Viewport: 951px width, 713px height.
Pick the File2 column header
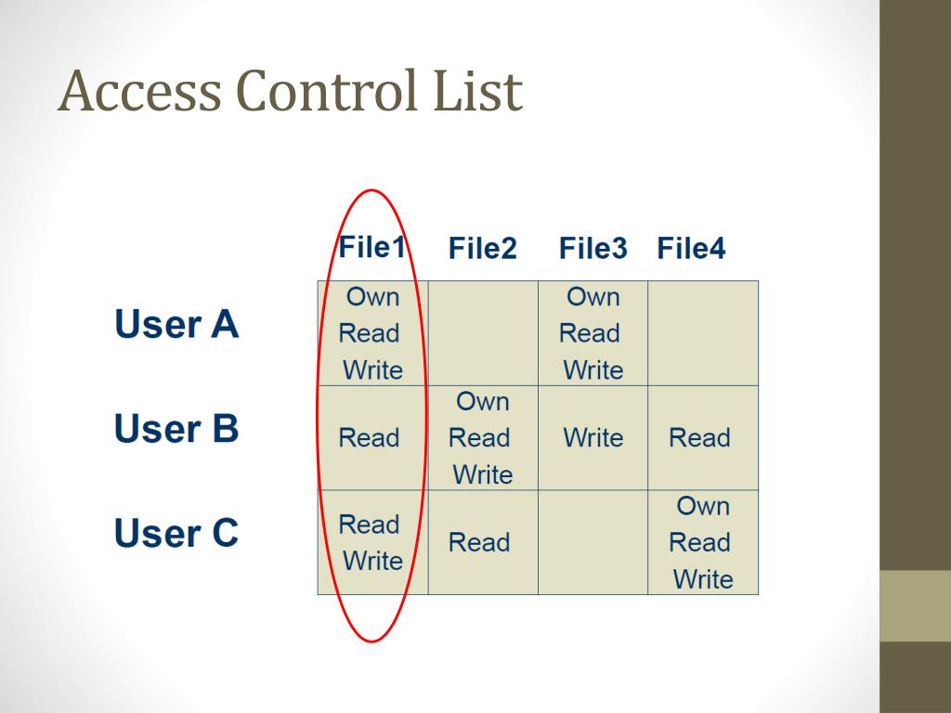tap(482, 249)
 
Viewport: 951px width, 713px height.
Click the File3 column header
tap(593, 249)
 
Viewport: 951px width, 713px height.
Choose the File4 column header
tap(691, 249)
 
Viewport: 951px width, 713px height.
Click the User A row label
tap(176, 324)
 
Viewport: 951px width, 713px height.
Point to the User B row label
tap(176, 429)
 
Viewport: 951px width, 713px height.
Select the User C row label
tap(176, 534)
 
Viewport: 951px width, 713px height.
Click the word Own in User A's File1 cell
tap(372, 297)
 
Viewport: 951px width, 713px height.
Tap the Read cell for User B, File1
tap(369, 438)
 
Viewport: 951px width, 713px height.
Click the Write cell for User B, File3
tap(593, 438)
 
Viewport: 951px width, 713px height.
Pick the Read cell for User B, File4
tap(699, 438)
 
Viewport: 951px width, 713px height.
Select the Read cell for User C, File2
tap(479, 543)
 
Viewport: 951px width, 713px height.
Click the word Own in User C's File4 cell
tap(703, 506)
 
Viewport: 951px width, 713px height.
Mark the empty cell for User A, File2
tap(483, 333)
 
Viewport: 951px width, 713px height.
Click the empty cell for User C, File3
tap(593, 542)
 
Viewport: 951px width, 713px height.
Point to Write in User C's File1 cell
tap(372, 561)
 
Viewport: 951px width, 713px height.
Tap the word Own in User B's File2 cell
tap(483, 402)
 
